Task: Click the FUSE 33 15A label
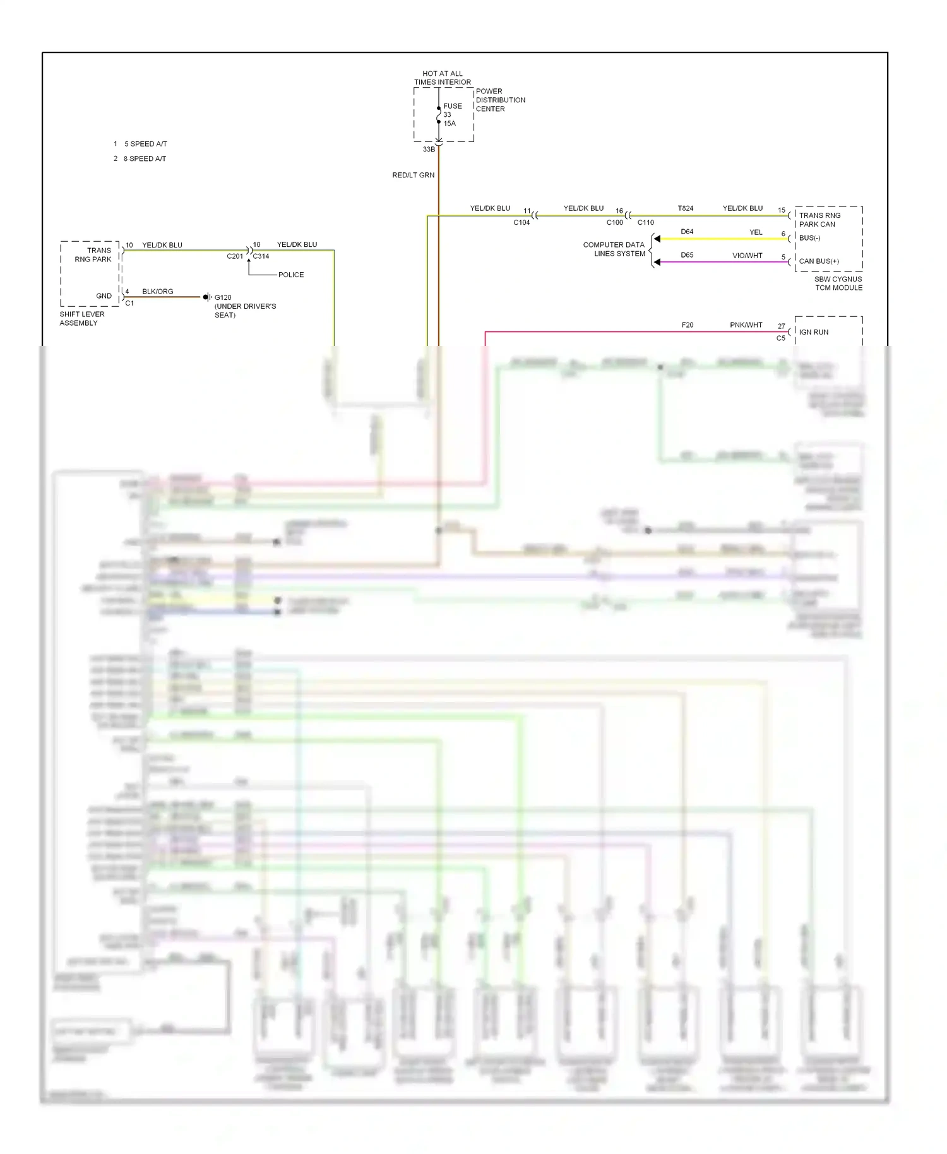(x=451, y=115)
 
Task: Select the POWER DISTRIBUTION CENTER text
(x=500, y=100)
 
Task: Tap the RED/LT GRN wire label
(x=413, y=175)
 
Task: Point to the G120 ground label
(x=223, y=297)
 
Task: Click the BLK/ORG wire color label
(x=157, y=292)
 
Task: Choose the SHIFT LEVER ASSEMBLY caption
(x=81, y=318)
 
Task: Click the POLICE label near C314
(x=290, y=275)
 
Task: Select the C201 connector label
(x=235, y=256)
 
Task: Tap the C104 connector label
(x=521, y=222)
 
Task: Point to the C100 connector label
(x=614, y=222)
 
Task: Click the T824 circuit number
(x=685, y=208)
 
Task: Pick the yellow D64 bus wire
(x=720, y=239)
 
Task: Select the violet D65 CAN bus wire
(x=720, y=262)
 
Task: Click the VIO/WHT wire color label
(x=747, y=256)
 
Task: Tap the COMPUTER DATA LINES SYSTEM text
(x=614, y=249)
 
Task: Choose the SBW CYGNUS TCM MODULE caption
(x=838, y=283)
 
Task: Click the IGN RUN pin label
(x=814, y=332)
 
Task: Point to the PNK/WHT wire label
(x=746, y=325)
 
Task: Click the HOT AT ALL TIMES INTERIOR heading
(x=442, y=78)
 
